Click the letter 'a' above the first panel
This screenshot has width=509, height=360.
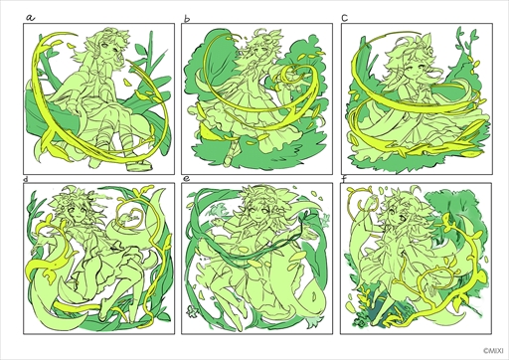(x=30, y=18)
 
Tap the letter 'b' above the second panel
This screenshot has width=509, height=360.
(x=187, y=19)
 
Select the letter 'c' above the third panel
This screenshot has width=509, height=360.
(x=345, y=18)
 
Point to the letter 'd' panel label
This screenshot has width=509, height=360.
(x=26, y=179)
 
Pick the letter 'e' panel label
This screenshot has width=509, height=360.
(x=187, y=179)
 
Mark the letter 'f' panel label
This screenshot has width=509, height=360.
(x=345, y=179)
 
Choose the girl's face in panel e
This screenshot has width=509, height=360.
(x=256, y=210)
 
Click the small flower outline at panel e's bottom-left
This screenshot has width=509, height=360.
(x=191, y=311)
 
